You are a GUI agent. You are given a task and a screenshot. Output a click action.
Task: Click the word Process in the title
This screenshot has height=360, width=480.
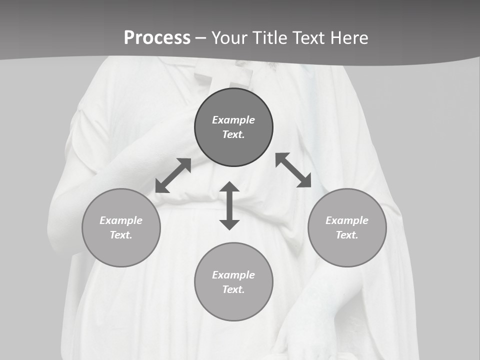click(157, 38)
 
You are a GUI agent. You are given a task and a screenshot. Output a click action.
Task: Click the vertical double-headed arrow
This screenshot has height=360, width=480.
click(229, 205)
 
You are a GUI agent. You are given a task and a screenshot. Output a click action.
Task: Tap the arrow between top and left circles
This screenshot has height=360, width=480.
click(173, 175)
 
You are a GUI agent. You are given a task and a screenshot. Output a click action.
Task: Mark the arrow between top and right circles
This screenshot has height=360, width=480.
click(293, 170)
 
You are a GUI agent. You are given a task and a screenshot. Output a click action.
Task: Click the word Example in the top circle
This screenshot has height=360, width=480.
click(233, 120)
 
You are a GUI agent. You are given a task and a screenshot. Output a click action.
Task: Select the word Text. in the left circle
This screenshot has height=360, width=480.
click(121, 235)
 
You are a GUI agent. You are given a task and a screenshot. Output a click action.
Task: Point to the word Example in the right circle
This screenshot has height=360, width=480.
click(347, 220)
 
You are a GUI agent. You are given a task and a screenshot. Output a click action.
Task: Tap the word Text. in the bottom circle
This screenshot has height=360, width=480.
click(233, 289)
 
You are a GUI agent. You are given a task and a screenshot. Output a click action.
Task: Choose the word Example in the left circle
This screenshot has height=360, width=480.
click(121, 220)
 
